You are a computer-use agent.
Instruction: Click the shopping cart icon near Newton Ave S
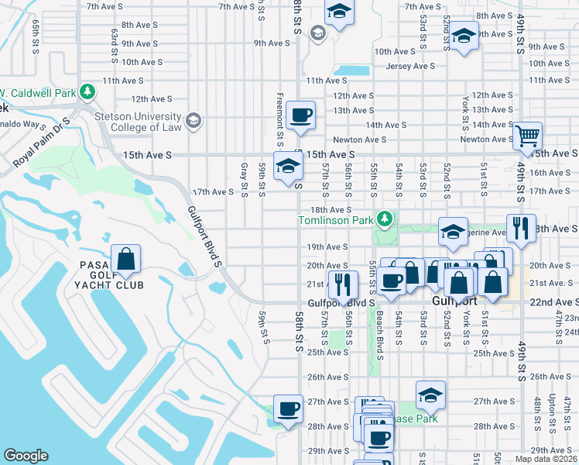click(527, 136)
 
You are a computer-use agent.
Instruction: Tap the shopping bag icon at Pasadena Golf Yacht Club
click(125, 259)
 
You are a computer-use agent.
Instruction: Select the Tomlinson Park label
click(336, 222)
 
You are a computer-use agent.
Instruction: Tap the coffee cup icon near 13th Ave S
click(300, 116)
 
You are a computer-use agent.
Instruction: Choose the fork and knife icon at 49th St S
click(521, 228)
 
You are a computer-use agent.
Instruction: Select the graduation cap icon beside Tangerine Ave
click(453, 230)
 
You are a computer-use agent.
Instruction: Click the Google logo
click(26, 455)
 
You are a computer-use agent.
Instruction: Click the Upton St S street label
click(551, 410)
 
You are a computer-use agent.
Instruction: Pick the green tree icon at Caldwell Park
click(88, 91)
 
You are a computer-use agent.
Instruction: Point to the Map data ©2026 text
click(546, 459)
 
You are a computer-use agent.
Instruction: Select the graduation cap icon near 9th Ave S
click(464, 36)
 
